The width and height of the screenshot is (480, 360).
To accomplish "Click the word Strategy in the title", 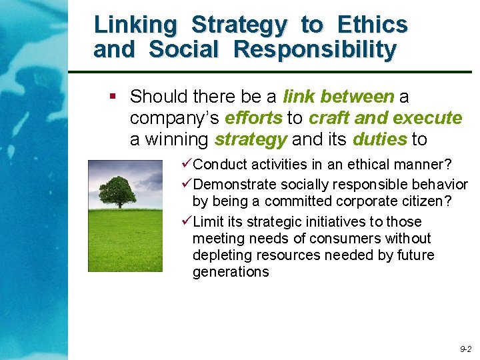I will point(239,25).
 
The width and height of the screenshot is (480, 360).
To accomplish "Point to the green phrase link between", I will point(339,97).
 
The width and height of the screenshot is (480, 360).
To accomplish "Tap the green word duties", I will point(379,139).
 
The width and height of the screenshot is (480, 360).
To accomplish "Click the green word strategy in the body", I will point(250,139).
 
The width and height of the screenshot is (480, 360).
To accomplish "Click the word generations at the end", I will point(231,271).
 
